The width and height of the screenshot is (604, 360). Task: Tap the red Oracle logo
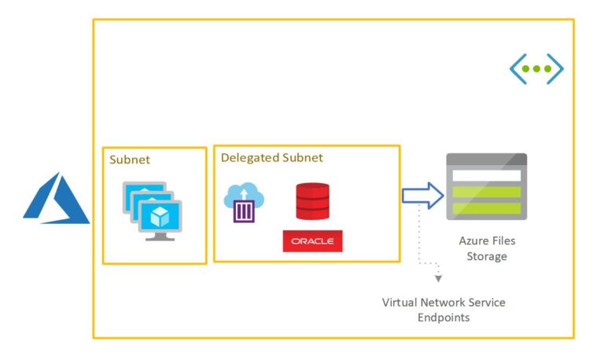click(x=312, y=241)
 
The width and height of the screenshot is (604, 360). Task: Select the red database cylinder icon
click(x=312, y=201)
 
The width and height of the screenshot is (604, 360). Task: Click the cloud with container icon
click(x=244, y=202)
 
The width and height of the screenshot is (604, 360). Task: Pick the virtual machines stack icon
click(x=153, y=211)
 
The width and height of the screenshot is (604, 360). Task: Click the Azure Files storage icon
click(x=487, y=187)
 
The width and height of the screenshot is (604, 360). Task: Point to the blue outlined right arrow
click(x=422, y=196)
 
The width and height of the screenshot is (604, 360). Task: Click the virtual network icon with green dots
click(x=536, y=69)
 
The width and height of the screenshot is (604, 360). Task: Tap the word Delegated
click(x=250, y=157)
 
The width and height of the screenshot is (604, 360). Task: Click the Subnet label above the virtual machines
click(x=130, y=160)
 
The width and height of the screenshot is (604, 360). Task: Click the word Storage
click(x=487, y=256)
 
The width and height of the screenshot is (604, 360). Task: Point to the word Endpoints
click(x=444, y=318)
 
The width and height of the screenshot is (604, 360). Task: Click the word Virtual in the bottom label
click(x=400, y=303)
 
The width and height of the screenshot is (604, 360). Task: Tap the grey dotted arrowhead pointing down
click(x=438, y=278)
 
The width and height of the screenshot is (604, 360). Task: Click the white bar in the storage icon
click(x=487, y=175)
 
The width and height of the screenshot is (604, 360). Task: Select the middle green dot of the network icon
click(x=536, y=69)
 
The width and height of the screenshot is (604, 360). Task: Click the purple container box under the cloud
click(x=244, y=211)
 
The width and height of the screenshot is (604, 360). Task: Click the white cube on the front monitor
click(x=160, y=217)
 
